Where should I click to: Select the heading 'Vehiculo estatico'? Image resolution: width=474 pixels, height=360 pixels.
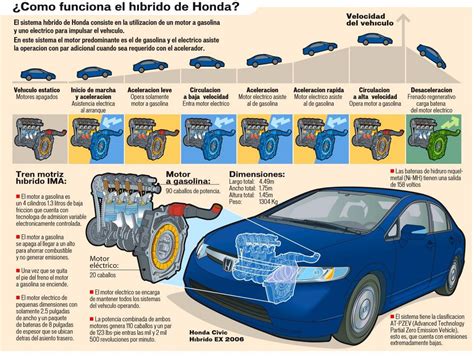pyautogui.click(x=31, y=90)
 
